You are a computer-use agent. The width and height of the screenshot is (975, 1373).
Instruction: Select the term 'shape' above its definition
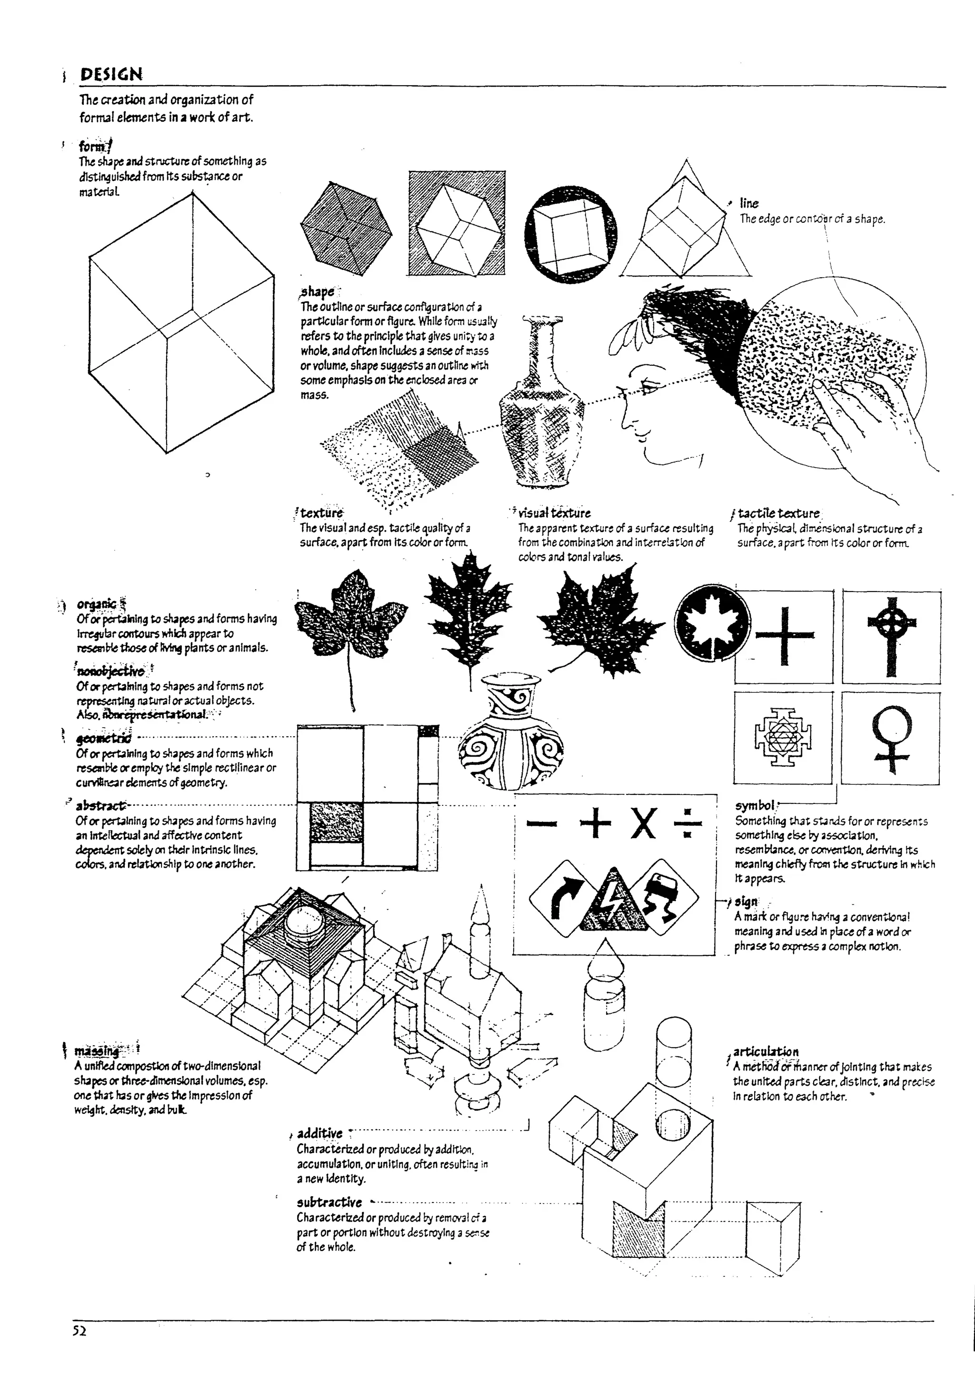[x=318, y=292]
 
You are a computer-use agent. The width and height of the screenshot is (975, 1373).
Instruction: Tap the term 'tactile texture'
[x=779, y=513]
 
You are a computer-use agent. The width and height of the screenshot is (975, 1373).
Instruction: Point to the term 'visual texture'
[x=554, y=513]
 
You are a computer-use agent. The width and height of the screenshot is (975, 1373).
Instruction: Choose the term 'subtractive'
[x=329, y=1203]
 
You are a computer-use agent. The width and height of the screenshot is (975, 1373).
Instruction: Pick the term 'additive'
[x=319, y=1133]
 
